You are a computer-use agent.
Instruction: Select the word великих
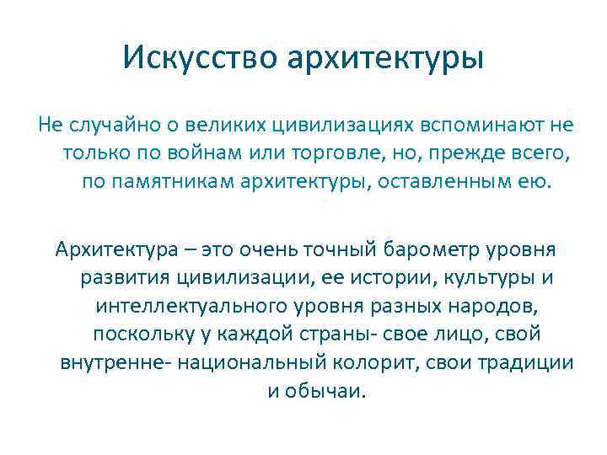point(226,126)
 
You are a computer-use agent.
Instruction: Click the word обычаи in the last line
point(325,392)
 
